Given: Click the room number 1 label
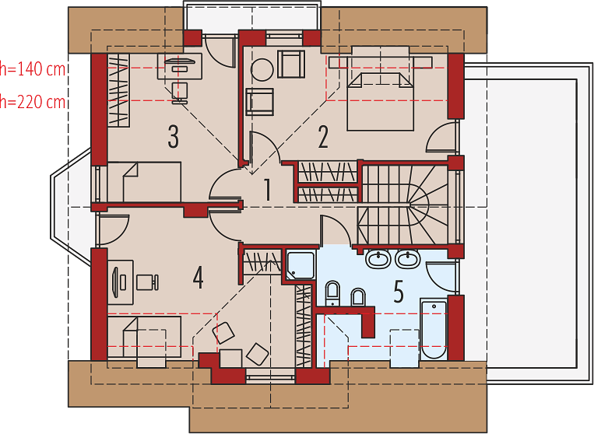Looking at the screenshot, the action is pos(268,190).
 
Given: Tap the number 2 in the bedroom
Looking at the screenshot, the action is pos(323,137).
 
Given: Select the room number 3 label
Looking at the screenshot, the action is pos(173,137).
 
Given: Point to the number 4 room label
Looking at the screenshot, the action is pos(198,278).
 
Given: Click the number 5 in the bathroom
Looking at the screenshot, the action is pos(399,292).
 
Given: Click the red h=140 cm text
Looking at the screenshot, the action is pos(33,70).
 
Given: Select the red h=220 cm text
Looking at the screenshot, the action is pos(33,102).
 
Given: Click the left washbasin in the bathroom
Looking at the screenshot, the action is pos(378,259).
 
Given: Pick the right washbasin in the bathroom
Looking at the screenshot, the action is pos(408,259).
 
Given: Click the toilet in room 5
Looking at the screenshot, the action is pos(332,293).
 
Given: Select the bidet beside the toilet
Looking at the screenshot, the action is pos(358,297).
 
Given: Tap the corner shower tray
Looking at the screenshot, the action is pos(301,265).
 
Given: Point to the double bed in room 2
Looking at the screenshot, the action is pos(380,101).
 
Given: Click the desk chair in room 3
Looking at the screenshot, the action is pos(179,93).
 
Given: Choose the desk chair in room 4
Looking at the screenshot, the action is pos(147,282).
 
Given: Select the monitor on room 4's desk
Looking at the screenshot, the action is pos(116,281).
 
